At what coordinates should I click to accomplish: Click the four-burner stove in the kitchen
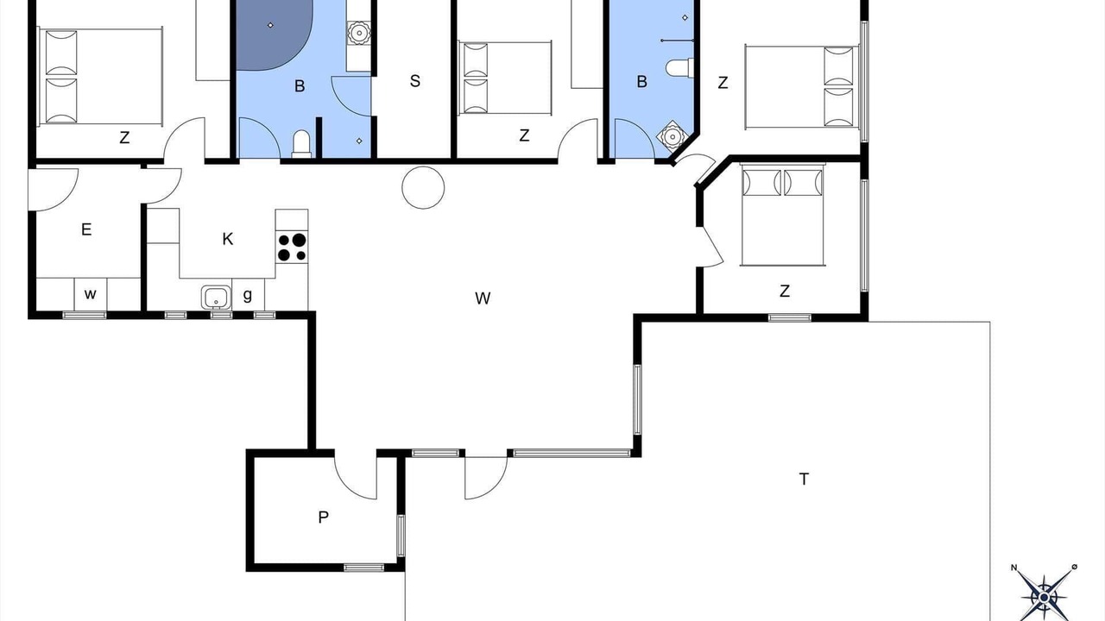click(292, 247)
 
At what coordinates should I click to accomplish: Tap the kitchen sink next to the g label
click(216, 298)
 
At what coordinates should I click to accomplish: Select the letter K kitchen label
click(227, 239)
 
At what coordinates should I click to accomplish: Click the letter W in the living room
click(483, 298)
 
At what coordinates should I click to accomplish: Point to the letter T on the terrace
click(804, 479)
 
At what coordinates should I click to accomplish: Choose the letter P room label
click(323, 517)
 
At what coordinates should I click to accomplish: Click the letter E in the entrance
click(86, 229)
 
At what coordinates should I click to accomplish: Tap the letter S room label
click(415, 81)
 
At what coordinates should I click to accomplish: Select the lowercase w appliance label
click(90, 295)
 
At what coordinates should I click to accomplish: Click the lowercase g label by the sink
click(248, 295)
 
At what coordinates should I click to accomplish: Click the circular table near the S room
click(423, 187)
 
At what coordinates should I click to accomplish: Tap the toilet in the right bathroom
click(679, 67)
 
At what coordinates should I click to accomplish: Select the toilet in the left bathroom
click(301, 144)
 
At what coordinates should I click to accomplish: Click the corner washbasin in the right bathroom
click(671, 135)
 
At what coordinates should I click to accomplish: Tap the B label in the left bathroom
click(300, 86)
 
